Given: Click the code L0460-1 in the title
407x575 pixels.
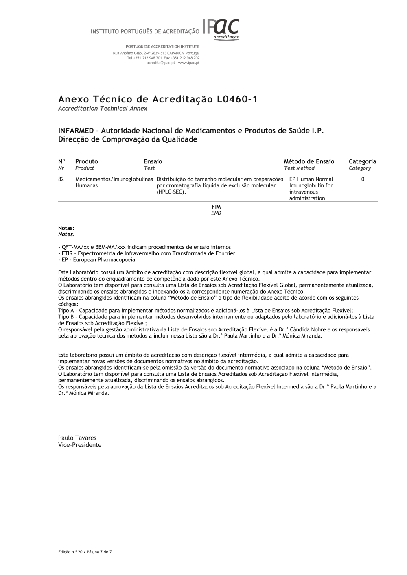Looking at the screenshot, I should [x=236, y=100].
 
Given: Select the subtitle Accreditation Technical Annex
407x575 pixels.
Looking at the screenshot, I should [x=103, y=109].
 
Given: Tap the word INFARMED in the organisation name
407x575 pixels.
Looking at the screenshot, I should [x=76, y=131].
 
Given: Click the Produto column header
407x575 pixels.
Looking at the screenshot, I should [x=86, y=162].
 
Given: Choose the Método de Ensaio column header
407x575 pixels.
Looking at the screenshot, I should [x=309, y=162].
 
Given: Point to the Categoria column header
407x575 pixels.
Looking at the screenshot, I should [x=362, y=162].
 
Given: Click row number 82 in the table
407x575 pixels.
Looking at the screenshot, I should [x=61, y=179].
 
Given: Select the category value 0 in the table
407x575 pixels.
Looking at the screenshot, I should [x=363, y=179].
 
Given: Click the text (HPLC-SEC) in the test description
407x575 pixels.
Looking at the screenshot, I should [x=171, y=192].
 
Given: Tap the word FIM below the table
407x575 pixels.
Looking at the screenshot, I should [x=216, y=207].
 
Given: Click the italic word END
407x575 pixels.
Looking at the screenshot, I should [x=216, y=213].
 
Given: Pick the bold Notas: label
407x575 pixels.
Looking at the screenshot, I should [x=66, y=229].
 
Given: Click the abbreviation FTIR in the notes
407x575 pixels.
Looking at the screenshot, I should [x=66, y=253].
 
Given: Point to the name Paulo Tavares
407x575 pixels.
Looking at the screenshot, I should [x=77, y=438].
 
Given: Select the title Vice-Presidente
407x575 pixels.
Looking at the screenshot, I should [x=80, y=445].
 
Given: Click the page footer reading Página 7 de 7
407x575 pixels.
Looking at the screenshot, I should [x=99, y=552].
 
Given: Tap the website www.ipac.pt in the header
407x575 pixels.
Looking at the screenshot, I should [x=189, y=63].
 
